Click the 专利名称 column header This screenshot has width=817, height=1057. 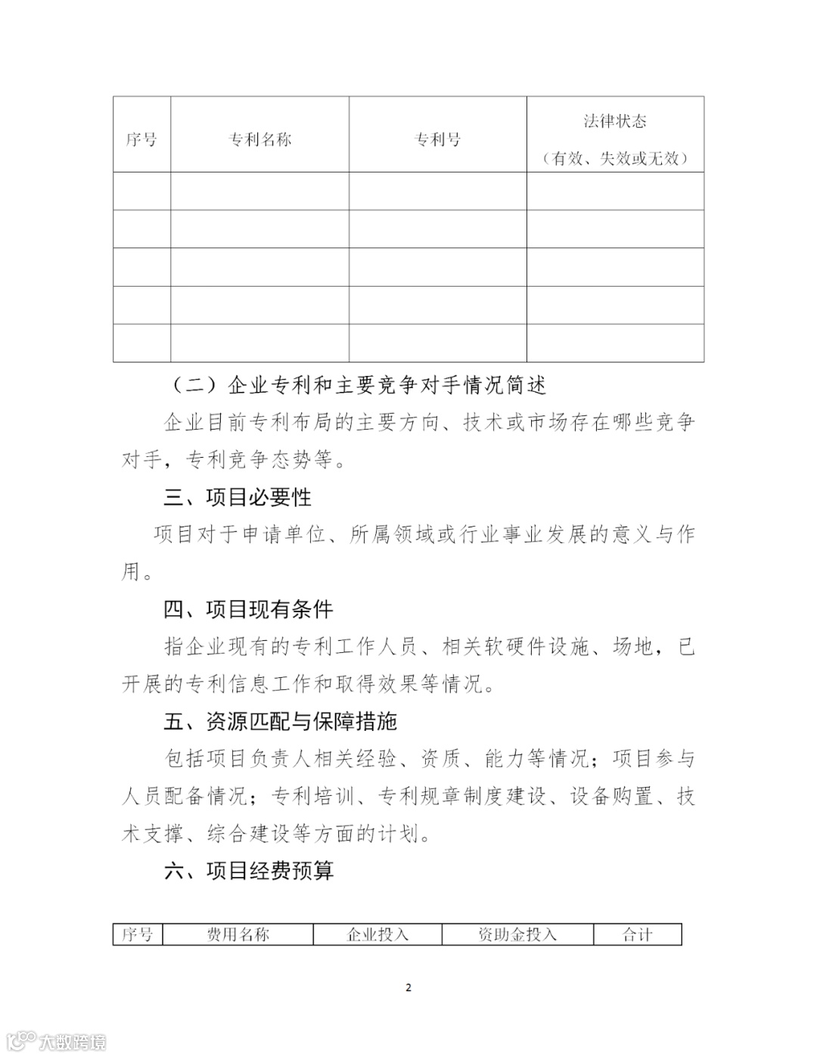tap(259, 140)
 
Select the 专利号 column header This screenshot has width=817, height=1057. tap(437, 140)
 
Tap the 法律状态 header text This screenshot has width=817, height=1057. tap(614, 121)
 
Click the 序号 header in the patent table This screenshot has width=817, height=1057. tap(141, 140)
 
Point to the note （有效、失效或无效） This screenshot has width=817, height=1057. tap(614, 159)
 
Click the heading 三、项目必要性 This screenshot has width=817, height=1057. tap(238, 498)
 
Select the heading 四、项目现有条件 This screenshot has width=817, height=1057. tap(248, 610)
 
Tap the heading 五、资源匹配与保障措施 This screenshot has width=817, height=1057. tap(280, 722)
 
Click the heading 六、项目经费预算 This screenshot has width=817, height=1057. tap(248, 872)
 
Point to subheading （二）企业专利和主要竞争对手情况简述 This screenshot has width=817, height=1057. tap(356, 386)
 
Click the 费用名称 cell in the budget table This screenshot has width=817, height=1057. tap(238, 935)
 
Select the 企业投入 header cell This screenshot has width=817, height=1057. tap(377, 935)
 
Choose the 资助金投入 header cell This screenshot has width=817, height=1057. tap(517, 935)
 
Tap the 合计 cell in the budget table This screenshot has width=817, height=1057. tap(637, 935)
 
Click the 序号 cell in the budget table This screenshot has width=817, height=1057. tap(138, 935)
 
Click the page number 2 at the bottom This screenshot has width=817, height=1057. tap(408, 987)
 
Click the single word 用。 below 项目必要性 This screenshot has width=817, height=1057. tap(137, 572)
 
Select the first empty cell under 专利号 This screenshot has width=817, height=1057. tap(437, 191)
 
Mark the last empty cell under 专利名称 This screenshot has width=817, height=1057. tap(259, 343)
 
